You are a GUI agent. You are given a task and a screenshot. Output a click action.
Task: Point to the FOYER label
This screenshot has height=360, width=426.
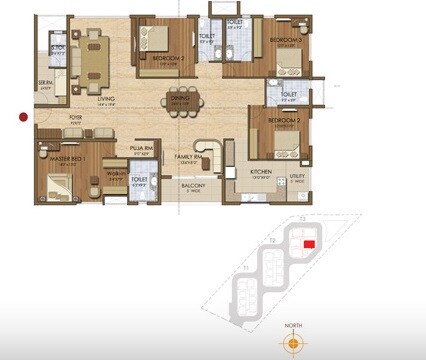(x=75, y=120)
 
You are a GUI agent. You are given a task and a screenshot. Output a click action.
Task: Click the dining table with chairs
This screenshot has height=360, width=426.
(x=183, y=101)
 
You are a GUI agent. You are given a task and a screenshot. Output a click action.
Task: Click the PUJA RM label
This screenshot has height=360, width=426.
(x=139, y=151)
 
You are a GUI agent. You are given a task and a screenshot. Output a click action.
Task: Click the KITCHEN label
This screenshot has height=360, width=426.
(x=262, y=172)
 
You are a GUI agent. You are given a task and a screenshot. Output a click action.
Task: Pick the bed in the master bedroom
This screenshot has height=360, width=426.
(x=55, y=182)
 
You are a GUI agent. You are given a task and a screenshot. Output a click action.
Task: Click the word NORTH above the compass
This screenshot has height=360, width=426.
(x=292, y=326)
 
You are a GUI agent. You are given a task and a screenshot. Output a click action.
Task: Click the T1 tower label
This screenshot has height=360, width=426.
(x=246, y=267)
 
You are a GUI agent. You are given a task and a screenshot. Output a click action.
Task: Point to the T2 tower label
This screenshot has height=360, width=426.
(x=271, y=241)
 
